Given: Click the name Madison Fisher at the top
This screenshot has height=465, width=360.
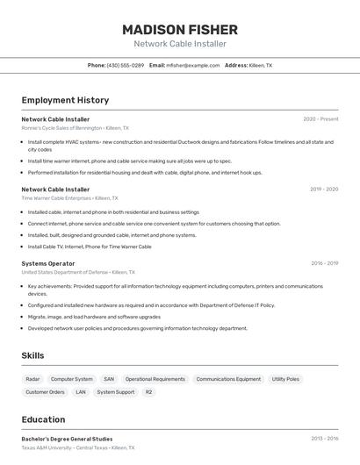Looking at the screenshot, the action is tap(180, 29).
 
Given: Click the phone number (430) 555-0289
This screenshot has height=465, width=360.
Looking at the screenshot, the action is tap(126, 65).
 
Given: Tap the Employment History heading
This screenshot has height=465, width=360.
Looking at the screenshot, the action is tap(65, 100).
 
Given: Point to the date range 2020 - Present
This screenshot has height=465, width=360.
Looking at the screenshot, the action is tap(320, 119).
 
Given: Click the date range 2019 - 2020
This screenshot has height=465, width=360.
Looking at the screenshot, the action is tap(324, 189).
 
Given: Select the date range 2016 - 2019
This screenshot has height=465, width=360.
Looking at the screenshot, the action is tap(324, 263).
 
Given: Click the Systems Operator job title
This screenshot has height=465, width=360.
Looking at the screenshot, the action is tap(48, 263).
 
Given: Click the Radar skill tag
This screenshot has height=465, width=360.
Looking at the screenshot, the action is tap(32, 379).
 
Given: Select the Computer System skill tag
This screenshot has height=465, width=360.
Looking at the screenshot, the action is tap(72, 379).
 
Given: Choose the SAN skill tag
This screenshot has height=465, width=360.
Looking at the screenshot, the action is tap(109, 379).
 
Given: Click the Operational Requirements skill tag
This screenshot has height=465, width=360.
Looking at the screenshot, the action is tap(155, 379).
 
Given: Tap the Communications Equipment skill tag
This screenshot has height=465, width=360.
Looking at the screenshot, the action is tap(228, 379).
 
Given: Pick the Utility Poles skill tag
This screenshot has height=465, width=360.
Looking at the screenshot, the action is tap(285, 379).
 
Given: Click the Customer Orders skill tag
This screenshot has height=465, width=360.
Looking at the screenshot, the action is tap(45, 392).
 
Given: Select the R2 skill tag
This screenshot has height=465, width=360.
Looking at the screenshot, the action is tap(148, 392).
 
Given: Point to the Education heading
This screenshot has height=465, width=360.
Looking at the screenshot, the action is tap(44, 419).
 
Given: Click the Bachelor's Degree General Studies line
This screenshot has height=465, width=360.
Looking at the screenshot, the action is tap(67, 439).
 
